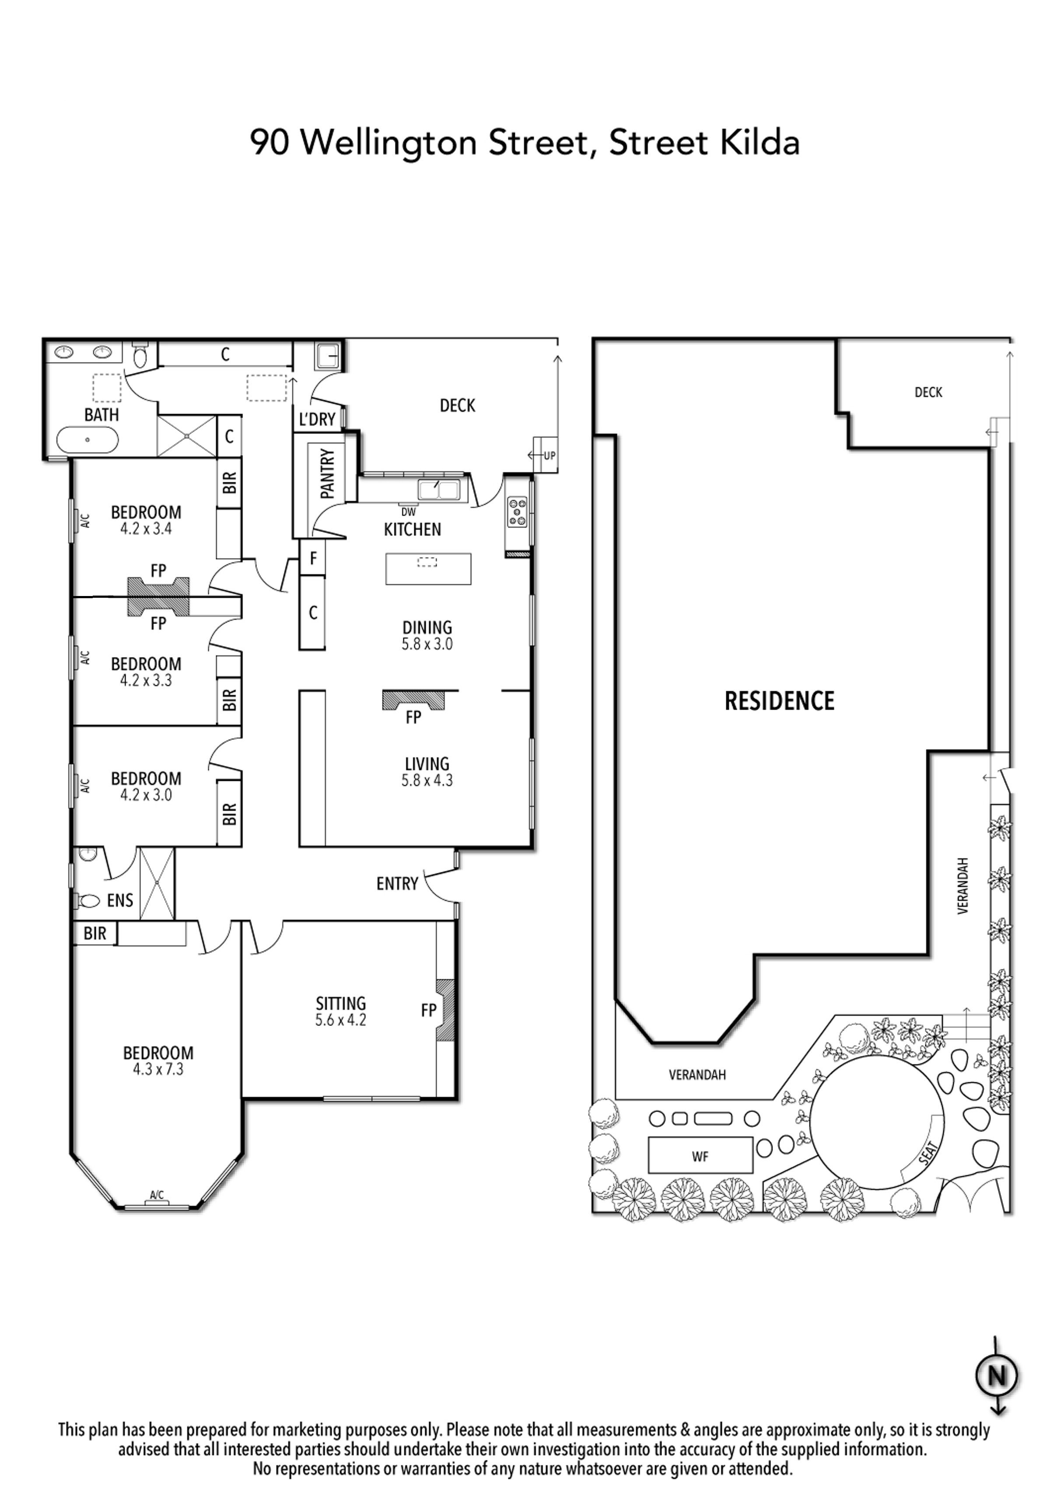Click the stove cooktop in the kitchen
pyautogui.click(x=518, y=511)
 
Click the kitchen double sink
pyautogui.click(x=439, y=490)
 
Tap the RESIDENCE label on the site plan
pyautogui.click(x=779, y=701)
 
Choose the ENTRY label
pyautogui.click(x=397, y=883)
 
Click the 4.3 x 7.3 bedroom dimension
pyautogui.click(x=158, y=1069)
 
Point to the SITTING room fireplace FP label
pyautogui.click(x=428, y=1010)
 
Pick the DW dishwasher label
pyautogui.click(x=408, y=512)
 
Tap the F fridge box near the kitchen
pyautogui.click(x=312, y=558)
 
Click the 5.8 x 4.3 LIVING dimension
pyautogui.click(x=427, y=781)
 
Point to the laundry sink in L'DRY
pyautogui.click(x=327, y=355)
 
